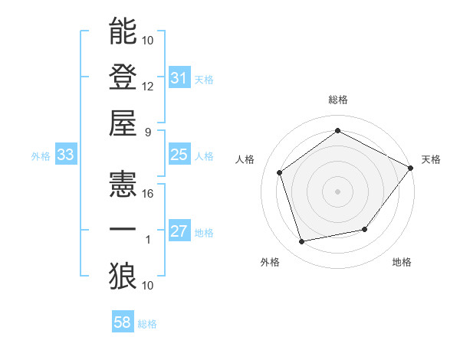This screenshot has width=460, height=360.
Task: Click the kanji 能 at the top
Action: [123, 31]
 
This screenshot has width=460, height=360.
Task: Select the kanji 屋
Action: [123, 122]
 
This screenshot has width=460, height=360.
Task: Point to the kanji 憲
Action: [123, 185]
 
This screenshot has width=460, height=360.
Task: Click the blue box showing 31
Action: [179, 78]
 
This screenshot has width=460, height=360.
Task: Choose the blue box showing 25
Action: [179, 155]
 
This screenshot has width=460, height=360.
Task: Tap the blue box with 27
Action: [179, 232]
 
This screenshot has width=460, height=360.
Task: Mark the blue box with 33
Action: [65, 155]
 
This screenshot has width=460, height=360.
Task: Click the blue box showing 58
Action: [122, 323]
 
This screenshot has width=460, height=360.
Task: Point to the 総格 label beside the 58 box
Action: [147, 324]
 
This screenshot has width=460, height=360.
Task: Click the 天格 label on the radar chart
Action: [431, 159]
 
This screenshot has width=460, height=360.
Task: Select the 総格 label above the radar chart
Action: [337, 100]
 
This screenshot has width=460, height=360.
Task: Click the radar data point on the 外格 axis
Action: [302, 242]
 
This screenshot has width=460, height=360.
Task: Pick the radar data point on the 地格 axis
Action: [365, 229]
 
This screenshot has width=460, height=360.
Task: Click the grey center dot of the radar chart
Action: [337, 191]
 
